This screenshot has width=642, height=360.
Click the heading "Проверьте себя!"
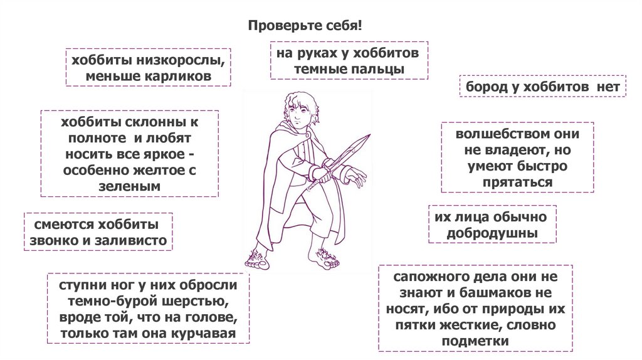click(x=305, y=27)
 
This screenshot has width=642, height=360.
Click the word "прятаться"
click(x=517, y=182)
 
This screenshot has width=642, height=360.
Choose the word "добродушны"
click(x=492, y=233)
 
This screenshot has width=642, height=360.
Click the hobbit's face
click(x=300, y=113)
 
